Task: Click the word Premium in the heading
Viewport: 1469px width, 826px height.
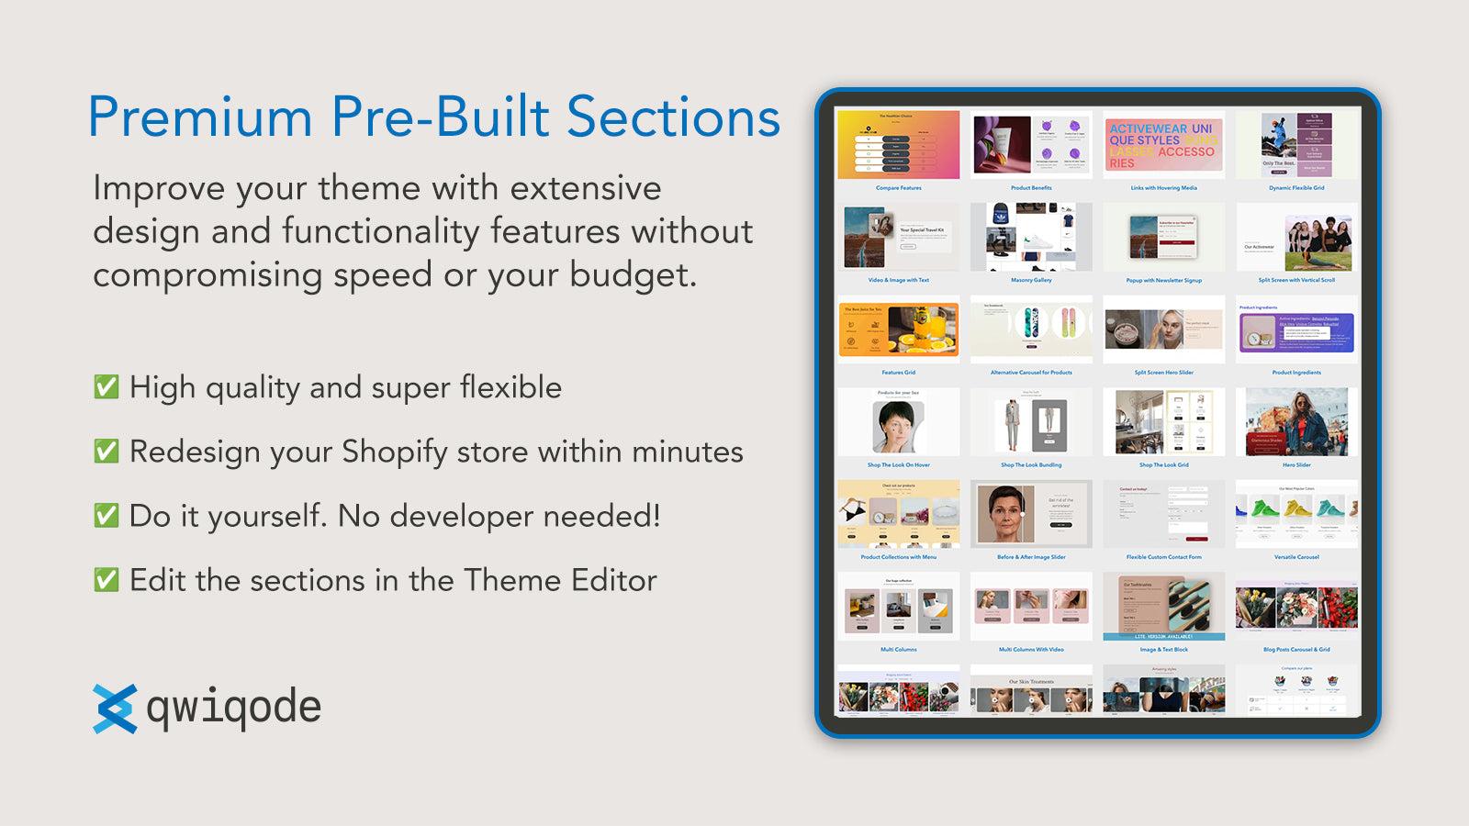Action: click(201, 117)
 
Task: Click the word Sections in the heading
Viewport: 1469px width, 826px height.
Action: click(673, 117)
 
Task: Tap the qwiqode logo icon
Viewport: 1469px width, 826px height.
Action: click(115, 709)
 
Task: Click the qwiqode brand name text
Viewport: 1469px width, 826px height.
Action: click(234, 709)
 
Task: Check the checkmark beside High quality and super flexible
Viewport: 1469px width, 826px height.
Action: click(107, 387)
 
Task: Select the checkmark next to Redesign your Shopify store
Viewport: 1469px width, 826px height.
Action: click(107, 452)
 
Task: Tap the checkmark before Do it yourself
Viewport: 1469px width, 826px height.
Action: click(107, 516)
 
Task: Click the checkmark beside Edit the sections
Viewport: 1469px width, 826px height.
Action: click(107, 580)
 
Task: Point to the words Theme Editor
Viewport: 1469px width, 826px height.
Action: click(560, 580)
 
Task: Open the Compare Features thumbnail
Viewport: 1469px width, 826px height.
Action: click(898, 145)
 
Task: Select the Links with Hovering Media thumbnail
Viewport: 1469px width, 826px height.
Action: click(1163, 145)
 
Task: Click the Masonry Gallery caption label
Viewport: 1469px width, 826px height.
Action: click(1031, 280)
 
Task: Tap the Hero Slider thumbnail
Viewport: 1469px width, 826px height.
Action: click(1295, 422)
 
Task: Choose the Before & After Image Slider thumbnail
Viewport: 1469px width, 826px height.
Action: click(1031, 514)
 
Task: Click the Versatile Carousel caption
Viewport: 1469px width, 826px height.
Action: click(1295, 557)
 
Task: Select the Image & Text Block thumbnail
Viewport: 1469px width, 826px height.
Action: click(1163, 606)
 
